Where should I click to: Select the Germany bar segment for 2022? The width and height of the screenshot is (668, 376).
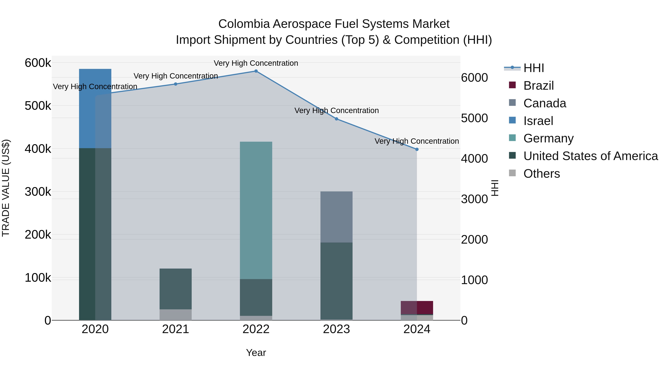point(256,210)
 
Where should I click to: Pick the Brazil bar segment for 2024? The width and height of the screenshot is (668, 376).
point(417,307)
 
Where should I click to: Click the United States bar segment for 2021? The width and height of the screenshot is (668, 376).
point(176,289)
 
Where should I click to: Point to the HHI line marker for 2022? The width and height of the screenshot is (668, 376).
point(256,71)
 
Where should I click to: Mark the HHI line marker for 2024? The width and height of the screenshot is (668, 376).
point(417,149)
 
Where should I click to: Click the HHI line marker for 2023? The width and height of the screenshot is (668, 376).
point(336,119)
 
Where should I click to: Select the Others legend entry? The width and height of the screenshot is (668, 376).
point(541,174)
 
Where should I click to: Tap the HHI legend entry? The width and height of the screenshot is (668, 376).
point(533,68)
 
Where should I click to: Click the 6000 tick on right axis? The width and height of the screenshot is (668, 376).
point(474,78)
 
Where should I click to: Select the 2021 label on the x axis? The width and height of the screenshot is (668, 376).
point(176,329)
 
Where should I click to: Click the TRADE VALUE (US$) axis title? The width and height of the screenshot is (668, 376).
point(6,188)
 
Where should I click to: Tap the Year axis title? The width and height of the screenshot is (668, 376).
point(256,353)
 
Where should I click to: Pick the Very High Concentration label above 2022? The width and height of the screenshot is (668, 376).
point(256,63)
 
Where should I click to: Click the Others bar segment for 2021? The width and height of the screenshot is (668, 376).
point(176,315)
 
